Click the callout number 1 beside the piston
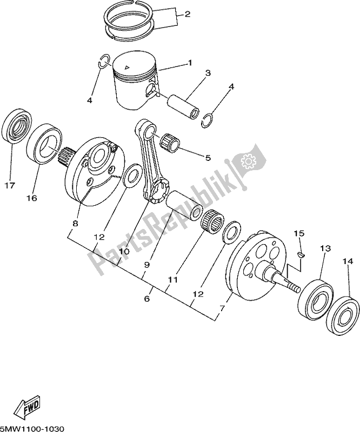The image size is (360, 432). [190, 63]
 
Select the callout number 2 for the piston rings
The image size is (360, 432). [188, 14]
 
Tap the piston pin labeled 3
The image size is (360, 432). [185, 101]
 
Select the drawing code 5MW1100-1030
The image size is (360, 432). [33, 428]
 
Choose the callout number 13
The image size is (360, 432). [325, 248]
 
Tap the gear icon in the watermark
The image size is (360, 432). [249, 161]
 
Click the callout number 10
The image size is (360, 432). [124, 252]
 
